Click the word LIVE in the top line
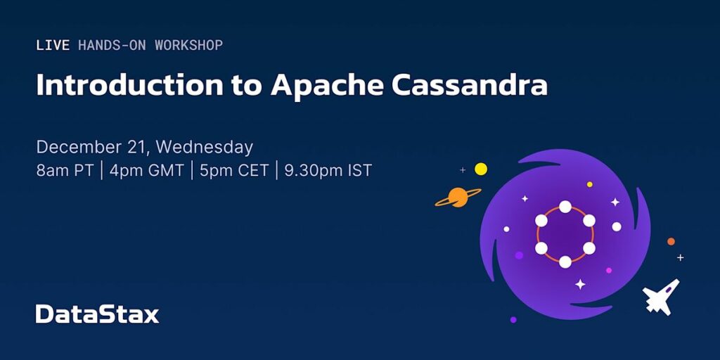(x=53, y=45)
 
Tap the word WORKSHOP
(x=188, y=45)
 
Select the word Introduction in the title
(x=130, y=84)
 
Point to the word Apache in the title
(x=327, y=85)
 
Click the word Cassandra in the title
(x=469, y=84)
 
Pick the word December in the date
(x=77, y=148)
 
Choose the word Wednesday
(x=205, y=148)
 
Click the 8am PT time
(x=65, y=171)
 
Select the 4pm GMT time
(x=146, y=171)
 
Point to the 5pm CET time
(x=234, y=171)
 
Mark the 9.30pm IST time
(x=328, y=171)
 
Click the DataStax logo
(x=97, y=314)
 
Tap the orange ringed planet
(x=458, y=197)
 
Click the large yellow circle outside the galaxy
(x=481, y=169)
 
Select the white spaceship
(x=661, y=296)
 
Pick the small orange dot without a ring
(x=671, y=242)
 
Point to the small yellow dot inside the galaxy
(x=590, y=184)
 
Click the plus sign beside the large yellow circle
(x=463, y=170)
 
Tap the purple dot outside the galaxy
(x=513, y=320)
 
